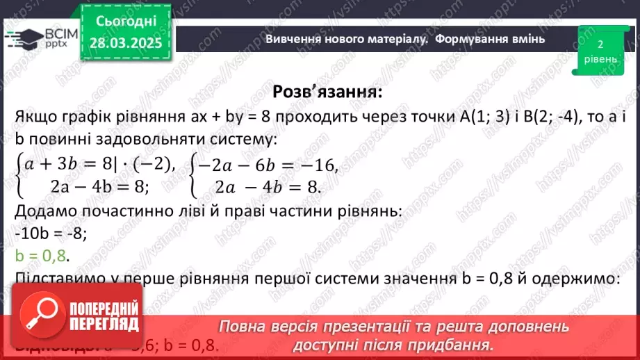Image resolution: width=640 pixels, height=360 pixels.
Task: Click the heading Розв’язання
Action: point(327,92)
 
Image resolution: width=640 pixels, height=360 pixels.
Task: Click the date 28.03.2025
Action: point(124,42)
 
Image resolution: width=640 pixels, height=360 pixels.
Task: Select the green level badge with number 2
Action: point(600,51)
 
